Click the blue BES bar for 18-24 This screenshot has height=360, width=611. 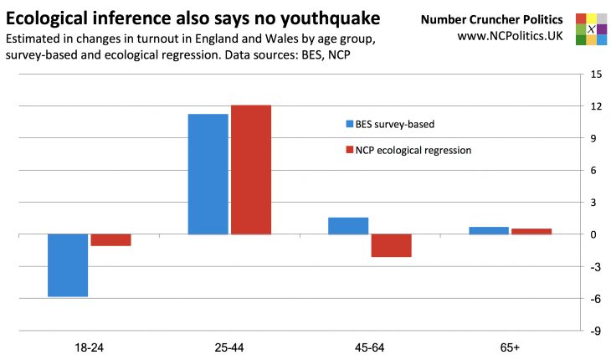pos(68,265)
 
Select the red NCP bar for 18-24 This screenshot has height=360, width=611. pos(110,240)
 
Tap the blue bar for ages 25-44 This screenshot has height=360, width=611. pos(208,174)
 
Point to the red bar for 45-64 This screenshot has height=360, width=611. pos(392,245)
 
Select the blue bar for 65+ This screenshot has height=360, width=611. pos(489,230)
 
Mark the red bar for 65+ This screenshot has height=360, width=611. pos(531,231)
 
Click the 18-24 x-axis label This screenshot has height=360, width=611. pos(89,346)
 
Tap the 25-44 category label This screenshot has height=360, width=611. pos(229,346)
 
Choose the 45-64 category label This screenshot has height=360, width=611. pos(370,346)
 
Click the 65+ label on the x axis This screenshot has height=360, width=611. pos(510,346)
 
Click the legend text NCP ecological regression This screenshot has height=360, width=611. pos(413,151)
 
